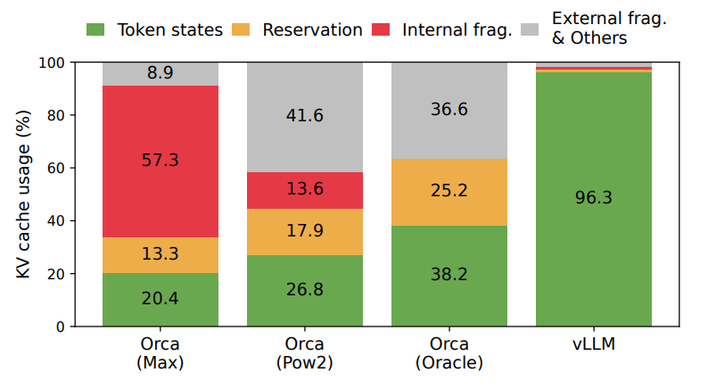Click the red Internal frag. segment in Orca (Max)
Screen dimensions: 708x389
(x=161, y=161)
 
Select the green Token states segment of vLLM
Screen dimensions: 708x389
(x=594, y=199)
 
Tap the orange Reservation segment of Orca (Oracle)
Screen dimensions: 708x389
(x=449, y=192)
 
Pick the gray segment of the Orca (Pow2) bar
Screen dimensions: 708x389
(x=305, y=117)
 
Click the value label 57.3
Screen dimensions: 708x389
(x=161, y=161)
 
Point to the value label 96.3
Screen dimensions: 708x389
(x=594, y=197)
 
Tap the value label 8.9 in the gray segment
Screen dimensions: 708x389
(x=161, y=72)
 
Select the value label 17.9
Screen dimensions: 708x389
(x=305, y=230)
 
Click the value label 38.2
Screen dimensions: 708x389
(x=449, y=274)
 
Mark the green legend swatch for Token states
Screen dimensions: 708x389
(x=95, y=29)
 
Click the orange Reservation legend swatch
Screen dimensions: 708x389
(x=241, y=29)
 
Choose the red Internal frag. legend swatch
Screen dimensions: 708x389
(x=381, y=29)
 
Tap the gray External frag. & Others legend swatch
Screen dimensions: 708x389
(x=530, y=29)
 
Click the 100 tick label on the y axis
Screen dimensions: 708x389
(x=52, y=62)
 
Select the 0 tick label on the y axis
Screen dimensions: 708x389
(x=61, y=327)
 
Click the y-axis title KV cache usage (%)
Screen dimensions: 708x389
(x=23, y=194)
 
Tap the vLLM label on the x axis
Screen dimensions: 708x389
(x=594, y=344)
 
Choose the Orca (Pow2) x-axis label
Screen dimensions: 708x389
(x=305, y=353)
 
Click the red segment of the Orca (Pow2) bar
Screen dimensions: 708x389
(x=305, y=191)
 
